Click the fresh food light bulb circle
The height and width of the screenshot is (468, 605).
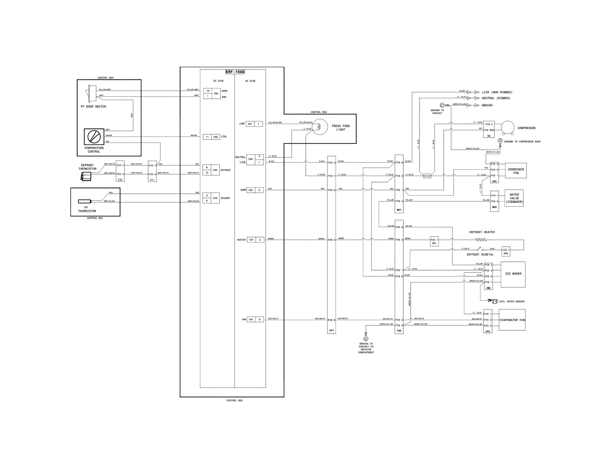(x=319, y=127)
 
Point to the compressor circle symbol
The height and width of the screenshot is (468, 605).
(x=507, y=127)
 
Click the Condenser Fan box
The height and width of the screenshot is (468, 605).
(x=516, y=171)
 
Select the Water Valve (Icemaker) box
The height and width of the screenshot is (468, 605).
(x=514, y=198)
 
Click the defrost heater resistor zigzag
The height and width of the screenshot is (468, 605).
(x=481, y=240)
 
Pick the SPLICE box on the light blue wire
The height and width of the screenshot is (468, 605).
(x=427, y=176)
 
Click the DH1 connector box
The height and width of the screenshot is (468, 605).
(x=434, y=241)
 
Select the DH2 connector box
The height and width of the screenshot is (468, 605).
(x=506, y=251)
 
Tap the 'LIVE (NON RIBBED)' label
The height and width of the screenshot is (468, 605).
(x=497, y=92)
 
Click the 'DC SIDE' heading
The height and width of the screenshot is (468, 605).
(x=219, y=81)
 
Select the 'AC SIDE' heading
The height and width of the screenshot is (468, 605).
(x=250, y=81)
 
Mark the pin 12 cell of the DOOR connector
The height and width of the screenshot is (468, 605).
(x=208, y=91)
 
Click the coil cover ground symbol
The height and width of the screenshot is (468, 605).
(x=493, y=301)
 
